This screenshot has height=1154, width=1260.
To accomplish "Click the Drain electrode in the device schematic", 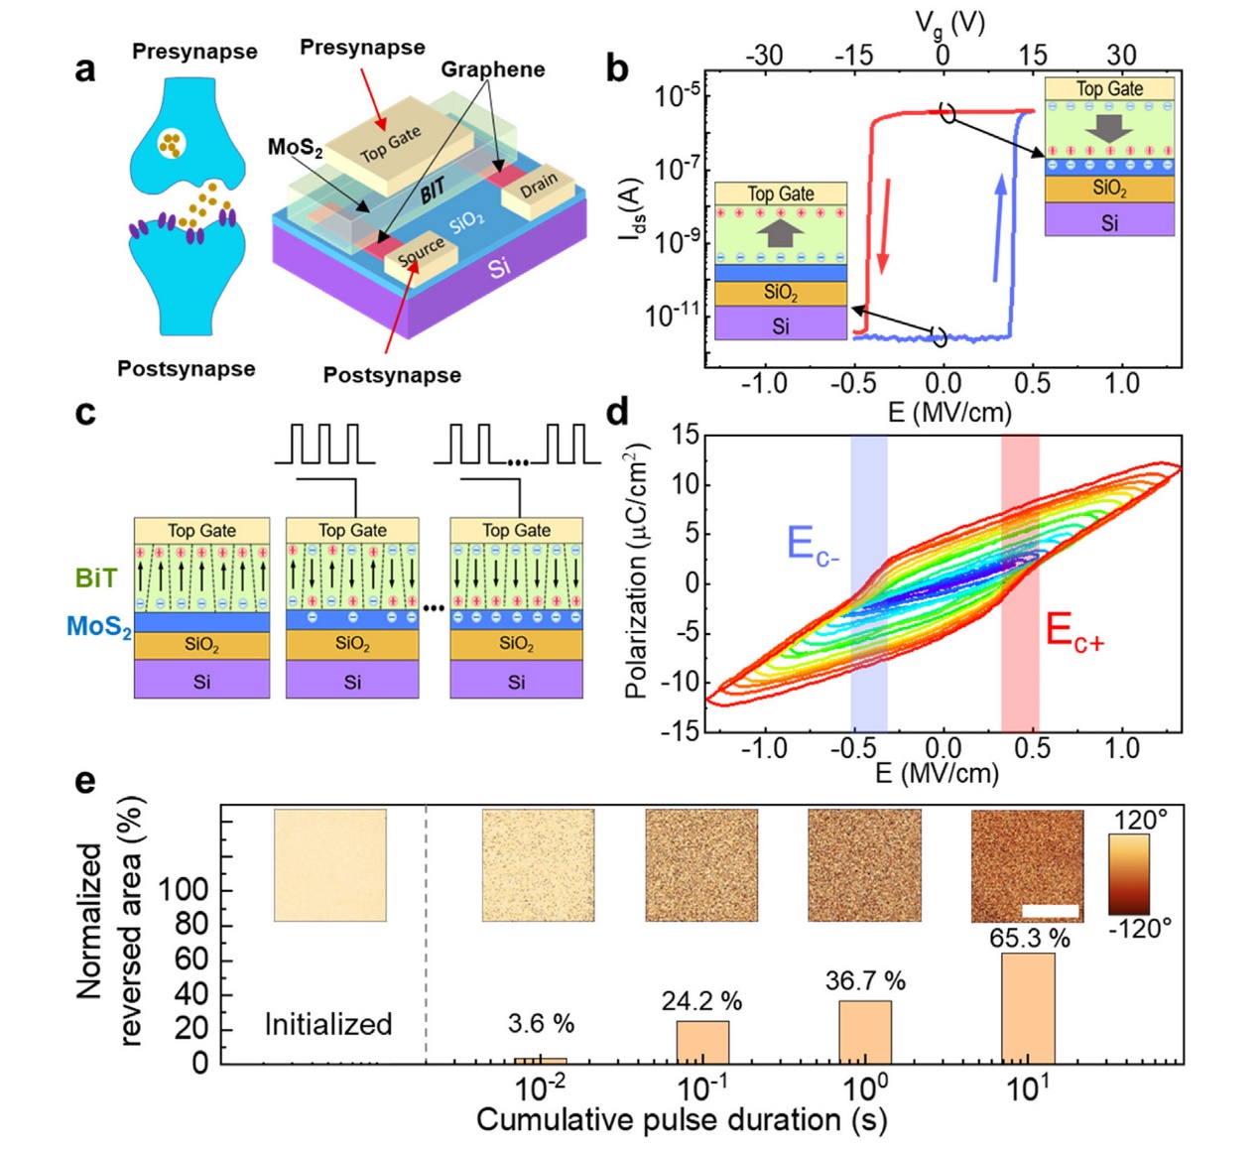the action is tap(539, 191).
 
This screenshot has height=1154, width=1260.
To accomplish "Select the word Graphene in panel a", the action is tap(492, 69).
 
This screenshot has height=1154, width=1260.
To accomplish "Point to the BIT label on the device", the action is tap(434, 190).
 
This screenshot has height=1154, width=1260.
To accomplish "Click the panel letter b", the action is tap(617, 68).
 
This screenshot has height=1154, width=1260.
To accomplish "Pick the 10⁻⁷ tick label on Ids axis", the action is tap(676, 169).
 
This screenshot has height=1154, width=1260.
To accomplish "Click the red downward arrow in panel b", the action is tap(885, 226).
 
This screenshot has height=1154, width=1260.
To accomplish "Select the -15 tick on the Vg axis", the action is tap(853, 56).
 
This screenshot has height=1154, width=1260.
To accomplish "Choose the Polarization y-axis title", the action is tap(636, 572).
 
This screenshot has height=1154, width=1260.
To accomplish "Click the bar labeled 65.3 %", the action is tap(1028, 1009).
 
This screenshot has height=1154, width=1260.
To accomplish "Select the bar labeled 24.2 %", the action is tap(702, 1044).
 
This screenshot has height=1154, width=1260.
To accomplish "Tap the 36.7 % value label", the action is tap(865, 980).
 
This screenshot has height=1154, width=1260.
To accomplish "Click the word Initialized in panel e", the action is tap(328, 1025).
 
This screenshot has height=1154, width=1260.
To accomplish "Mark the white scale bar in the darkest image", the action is tap(1051, 911).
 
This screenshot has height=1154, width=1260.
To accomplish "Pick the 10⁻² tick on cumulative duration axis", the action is tap(540, 1089).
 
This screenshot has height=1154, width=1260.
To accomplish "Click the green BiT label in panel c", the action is tap(96, 577).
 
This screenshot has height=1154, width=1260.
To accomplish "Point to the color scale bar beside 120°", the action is tap(1129, 874).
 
